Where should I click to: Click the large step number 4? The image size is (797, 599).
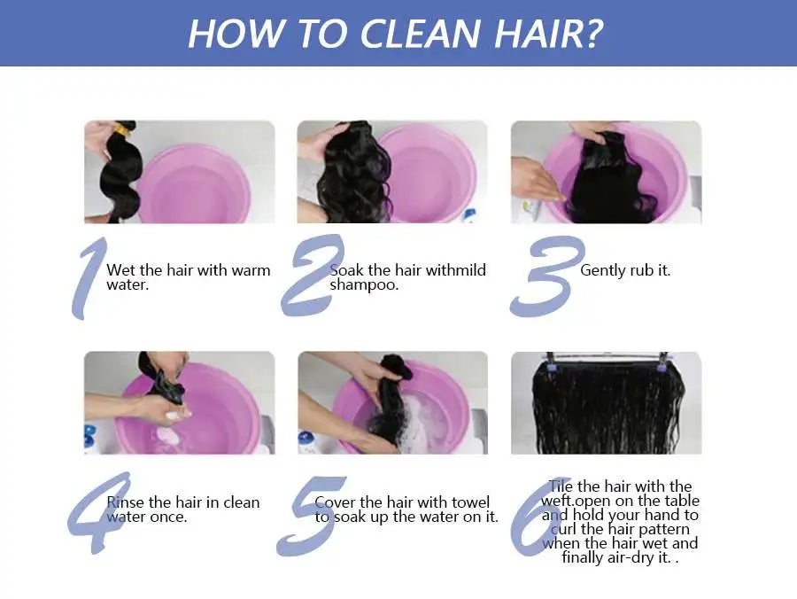pyautogui.click(x=97, y=512)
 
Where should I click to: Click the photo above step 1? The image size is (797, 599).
pyautogui.click(x=179, y=172)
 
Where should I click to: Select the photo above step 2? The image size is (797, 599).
pyautogui.click(x=391, y=172)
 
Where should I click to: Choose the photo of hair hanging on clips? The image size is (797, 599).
pyautogui.click(x=606, y=403)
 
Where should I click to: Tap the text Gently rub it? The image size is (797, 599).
pyautogui.click(x=625, y=270)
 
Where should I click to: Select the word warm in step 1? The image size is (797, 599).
pyautogui.click(x=251, y=270)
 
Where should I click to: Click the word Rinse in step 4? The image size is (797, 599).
pyautogui.click(x=127, y=502)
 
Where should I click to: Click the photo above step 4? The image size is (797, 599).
pyautogui.click(x=179, y=403)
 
